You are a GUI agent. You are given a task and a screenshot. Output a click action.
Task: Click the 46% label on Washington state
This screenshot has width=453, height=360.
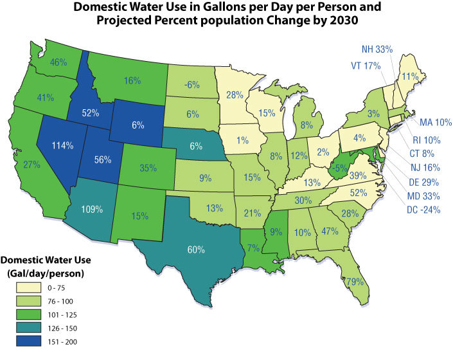click(59, 62)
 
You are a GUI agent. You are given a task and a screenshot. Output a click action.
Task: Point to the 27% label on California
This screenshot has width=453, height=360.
click(31, 164)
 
